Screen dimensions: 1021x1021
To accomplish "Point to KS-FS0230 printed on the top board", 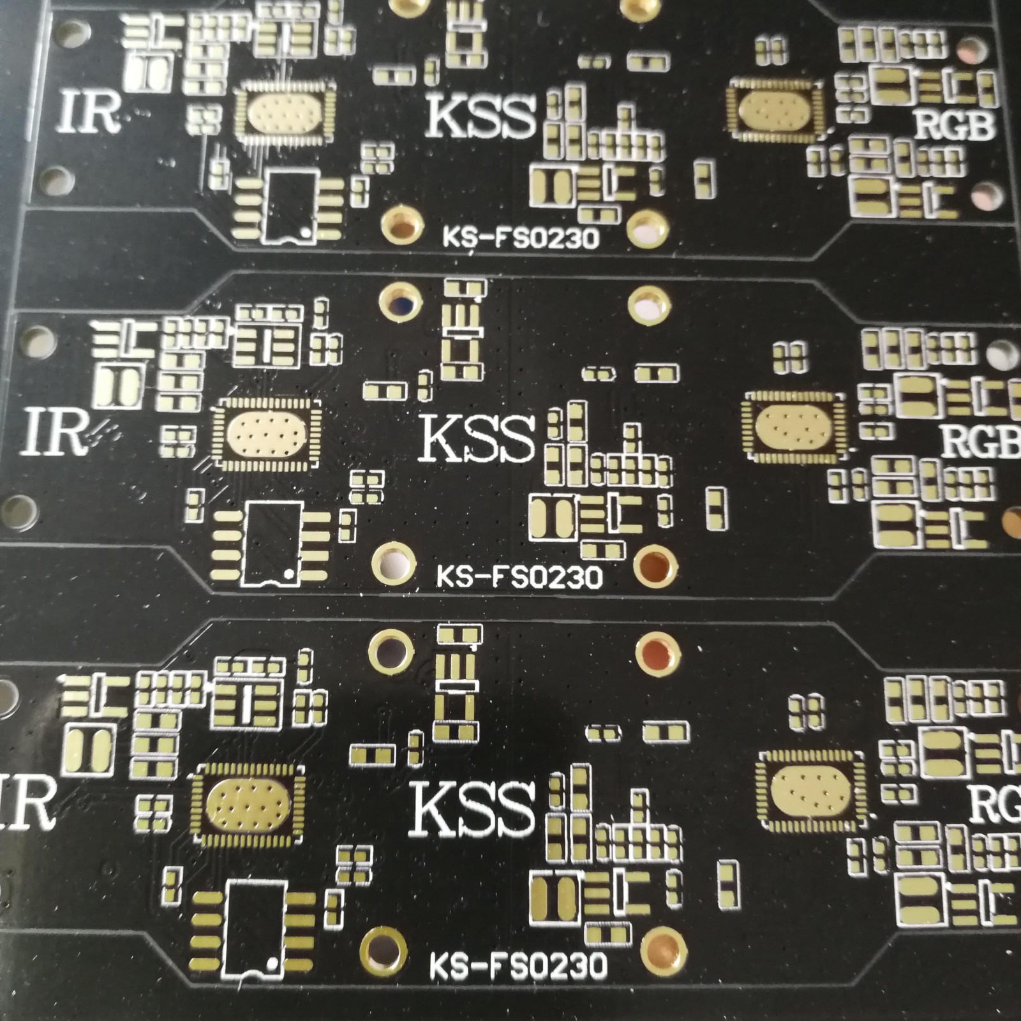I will click(x=521, y=238).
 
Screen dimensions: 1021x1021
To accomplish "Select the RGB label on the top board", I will click(x=955, y=124).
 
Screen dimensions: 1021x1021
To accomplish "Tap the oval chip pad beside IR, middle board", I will click(x=264, y=433).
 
